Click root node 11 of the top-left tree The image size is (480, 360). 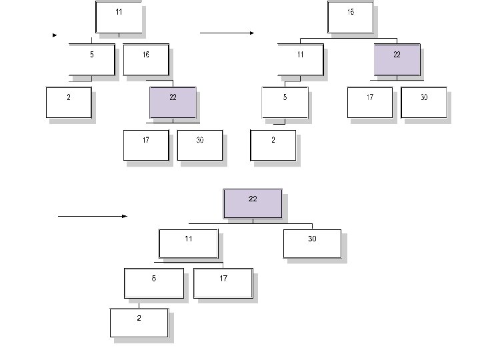(119, 17)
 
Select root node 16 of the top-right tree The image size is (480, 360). (351, 17)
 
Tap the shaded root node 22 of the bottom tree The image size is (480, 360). (253, 203)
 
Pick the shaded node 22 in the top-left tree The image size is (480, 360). (173, 102)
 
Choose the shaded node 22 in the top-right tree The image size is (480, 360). (397, 59)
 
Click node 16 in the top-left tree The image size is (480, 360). (145, 59)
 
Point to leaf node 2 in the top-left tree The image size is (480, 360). (69, 102)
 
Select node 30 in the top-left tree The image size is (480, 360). (200, 145)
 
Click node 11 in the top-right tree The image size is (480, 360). (300, 59)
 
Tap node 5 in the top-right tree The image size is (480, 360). (285, 102)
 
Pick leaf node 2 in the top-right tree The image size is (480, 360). (273, 145)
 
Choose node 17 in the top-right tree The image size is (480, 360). (370, 102)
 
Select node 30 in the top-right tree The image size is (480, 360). (424, 102)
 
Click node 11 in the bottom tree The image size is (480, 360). (189, 243)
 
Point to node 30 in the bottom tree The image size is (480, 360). (312, 243)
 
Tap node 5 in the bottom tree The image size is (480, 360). (153, 283)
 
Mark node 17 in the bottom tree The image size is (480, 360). (223, 283)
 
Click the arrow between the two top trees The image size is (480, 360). (227, 33)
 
